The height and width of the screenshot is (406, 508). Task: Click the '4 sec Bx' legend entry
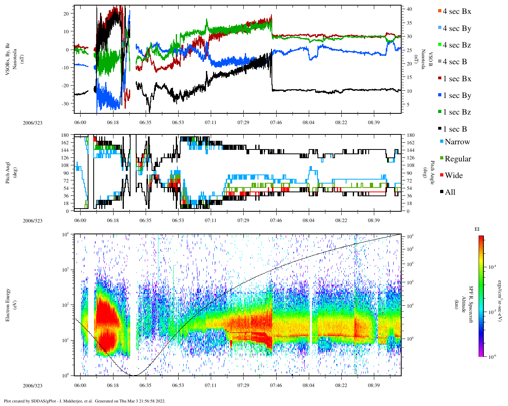(x=456, y=11)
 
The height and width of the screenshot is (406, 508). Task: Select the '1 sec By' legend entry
(x=456, y=96)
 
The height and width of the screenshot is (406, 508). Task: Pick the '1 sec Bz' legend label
(x=456, y=112)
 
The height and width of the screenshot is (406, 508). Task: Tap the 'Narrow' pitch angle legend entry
(x=457, y=142)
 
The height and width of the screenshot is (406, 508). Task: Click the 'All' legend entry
(x=450, y=192)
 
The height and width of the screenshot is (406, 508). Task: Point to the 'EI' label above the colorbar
(x=477, y=229)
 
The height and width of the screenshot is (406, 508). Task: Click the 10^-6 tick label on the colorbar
(x=491, y=357)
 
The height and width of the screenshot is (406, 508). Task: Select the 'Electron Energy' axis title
(x=8, y=304)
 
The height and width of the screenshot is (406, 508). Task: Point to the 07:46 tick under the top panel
(x=276, y=123)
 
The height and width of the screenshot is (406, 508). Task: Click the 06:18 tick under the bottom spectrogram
(x=113, y=385)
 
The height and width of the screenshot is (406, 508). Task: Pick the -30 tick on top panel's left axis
(x=65, y=103)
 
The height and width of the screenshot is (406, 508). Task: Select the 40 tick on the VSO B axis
(x=408, y=9)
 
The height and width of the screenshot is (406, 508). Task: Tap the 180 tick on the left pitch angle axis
(x=66, y=135)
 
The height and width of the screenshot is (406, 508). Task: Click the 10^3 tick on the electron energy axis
(x=65, y=270)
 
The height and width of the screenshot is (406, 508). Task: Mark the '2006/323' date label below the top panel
(x=33, y=123)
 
